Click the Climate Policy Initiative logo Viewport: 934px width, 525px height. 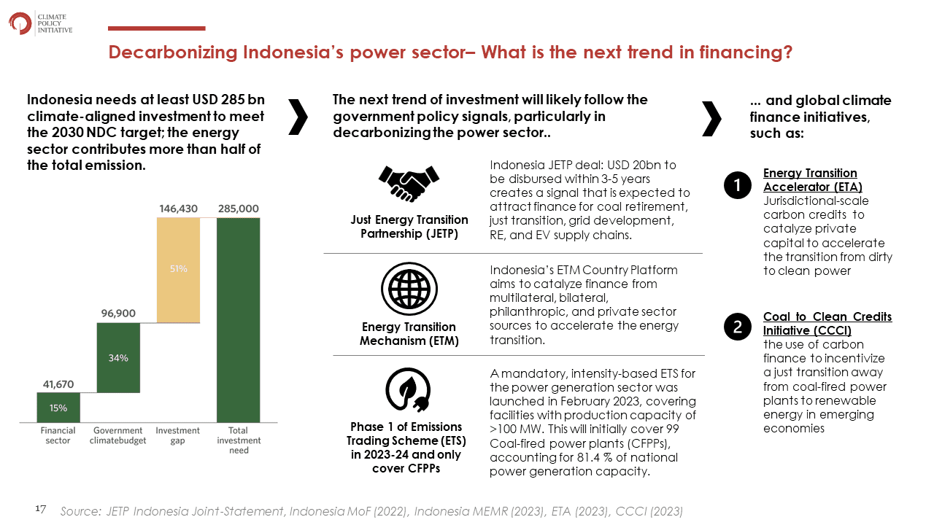coord(40,23)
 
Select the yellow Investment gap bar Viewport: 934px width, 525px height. coord(179,270)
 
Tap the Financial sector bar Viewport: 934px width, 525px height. coord(58,408)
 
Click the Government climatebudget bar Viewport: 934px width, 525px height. coord(118,357)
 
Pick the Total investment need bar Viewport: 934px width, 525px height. coord(238,320)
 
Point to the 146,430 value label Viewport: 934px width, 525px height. coord(179,209)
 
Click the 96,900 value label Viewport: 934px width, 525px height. coord(118,314)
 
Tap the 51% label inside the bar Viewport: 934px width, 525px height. coord(179,269)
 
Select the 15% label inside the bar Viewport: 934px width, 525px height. coord(58,408)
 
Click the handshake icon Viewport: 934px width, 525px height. coord(409,184)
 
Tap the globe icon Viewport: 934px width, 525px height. coord(409,289)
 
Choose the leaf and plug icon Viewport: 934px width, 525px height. coord(408,390)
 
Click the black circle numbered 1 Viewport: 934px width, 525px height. coord(737,185)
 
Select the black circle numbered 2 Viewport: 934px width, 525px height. coord(737,327)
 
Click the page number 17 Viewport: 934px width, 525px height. coord(40,509)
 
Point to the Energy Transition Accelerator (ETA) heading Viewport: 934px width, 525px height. coord(813,180)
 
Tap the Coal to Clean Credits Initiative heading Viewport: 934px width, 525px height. coord(827,323)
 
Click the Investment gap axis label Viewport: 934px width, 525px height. coord(177,435)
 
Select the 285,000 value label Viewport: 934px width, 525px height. coord(238,209)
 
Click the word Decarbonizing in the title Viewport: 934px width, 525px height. coord(173,52)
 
